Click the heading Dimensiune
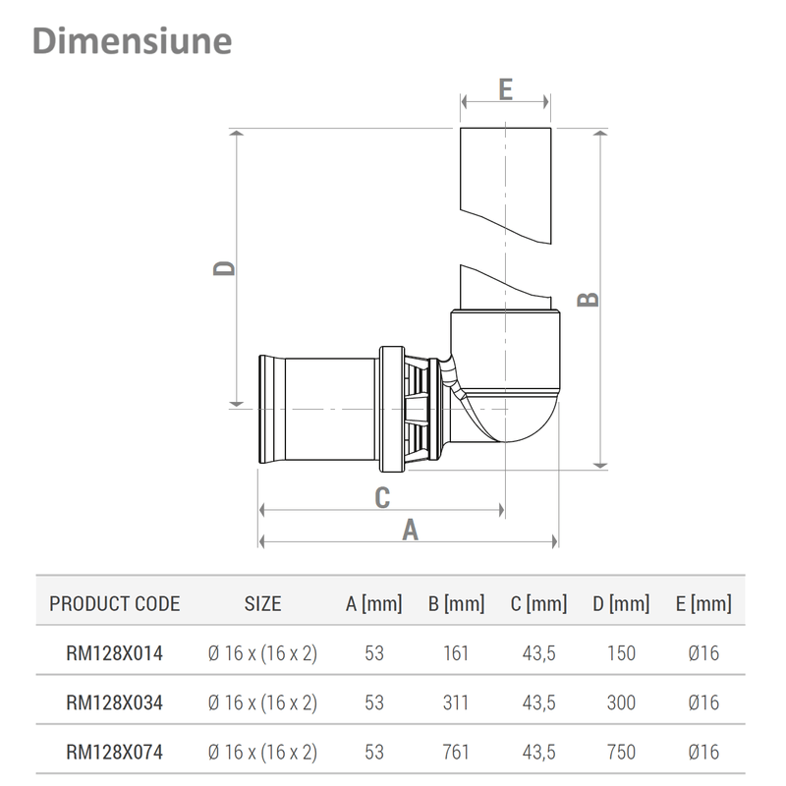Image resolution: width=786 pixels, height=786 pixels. pyautogui.click(x=132, y=41)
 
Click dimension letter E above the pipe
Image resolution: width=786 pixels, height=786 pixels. pyautogui.click(x=505, y=89)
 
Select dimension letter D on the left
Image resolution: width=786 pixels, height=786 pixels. pyautogui.click(x=225, y=267)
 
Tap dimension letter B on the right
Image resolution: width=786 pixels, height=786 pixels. pyautogui.click(x=588, y=299)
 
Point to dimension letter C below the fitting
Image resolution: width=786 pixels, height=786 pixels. pyautogui.click(x=382, y=497)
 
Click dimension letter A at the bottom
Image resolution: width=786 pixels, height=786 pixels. pyautogui.click(x=411, y=530)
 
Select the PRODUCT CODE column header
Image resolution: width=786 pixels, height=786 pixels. pyautogui.click(x=115, y=603)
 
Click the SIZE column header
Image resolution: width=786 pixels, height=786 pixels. pyautogui.click(x=262, y=603)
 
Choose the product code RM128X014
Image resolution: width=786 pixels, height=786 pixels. pyautogui.click(x=114, y=652)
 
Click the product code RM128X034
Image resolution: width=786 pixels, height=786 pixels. pyautogui.click(x=114, y=702)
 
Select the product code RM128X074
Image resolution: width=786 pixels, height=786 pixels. pyautogui.click(x=114, y=753)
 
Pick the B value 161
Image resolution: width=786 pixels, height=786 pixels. pyautogui.click(x=456, y=652)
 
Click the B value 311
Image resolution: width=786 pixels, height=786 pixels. pyautogui.click(x=456, y=702)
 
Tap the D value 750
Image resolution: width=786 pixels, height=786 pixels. pyautogui.click(x=621, y=753)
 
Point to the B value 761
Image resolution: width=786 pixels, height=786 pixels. pyautogui.click(x=456, y=753)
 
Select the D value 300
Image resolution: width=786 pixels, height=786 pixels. pyautogui.click(x=621, y=702)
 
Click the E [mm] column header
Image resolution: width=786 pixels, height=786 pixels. pyautogui.click(x=703, y=603)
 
